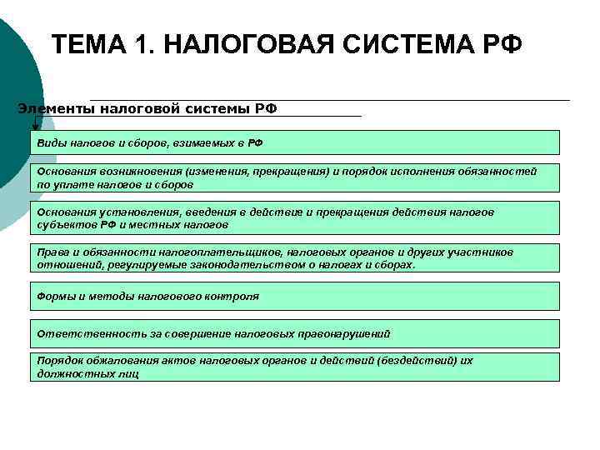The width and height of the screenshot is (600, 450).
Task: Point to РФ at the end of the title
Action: (502, 42)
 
